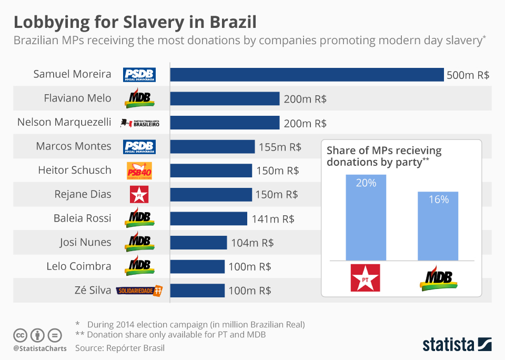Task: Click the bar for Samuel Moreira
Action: tap(307, 75)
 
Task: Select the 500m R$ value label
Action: tap(468, 75)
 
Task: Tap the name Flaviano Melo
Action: tap(77, 98)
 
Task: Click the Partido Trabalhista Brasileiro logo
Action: tap(139, 123)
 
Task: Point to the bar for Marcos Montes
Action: tap(212, 147)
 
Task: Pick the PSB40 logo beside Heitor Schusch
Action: tap(139, 171)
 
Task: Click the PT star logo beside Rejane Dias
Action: tap(139, 195)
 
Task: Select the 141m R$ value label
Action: tap(272, 219)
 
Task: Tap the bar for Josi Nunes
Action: tap(198, 243)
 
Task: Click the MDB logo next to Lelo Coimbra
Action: tap(139, 266)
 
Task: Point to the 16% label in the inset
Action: tap(438, 199)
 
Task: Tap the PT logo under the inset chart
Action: tap(365, 277)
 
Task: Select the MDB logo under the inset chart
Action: tap(438, 277)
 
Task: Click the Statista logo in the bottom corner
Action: tap(457, 345)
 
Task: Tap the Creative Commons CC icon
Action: tap(21, 335)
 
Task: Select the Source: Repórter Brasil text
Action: tap(120, 348)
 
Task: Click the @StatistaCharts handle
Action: tap(40, 348)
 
